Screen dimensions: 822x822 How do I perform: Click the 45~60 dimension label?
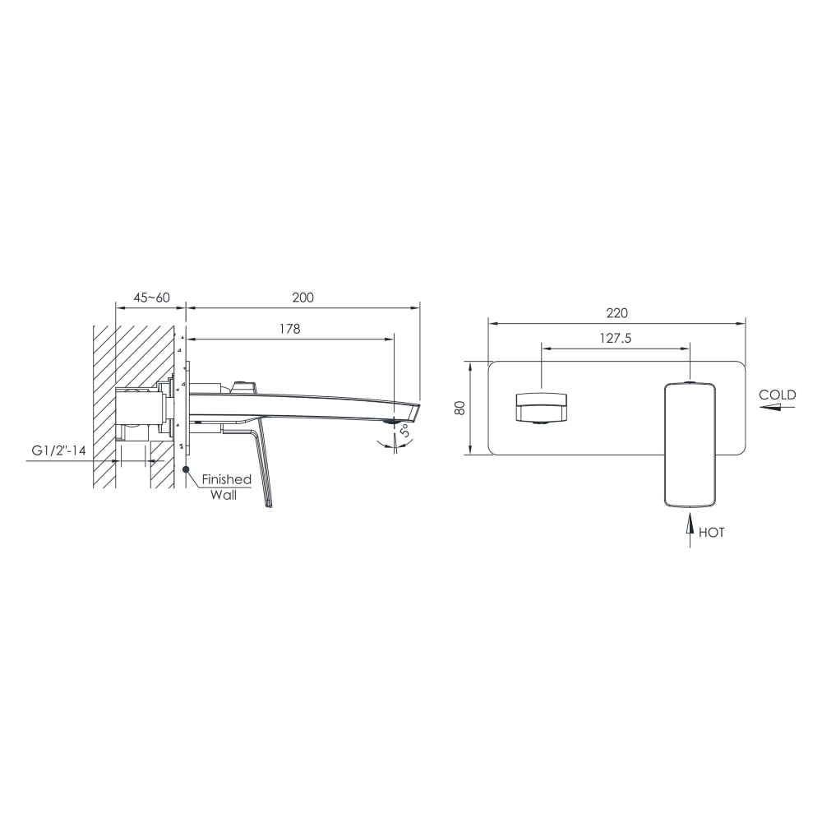click(x=151, y=298)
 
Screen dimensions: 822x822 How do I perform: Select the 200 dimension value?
click(x=303, y=298)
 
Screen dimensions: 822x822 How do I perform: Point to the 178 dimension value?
click(x=290, y=329)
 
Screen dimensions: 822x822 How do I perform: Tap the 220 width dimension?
click(x=617, y=313)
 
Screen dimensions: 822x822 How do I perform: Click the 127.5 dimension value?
click(x=616, y=339)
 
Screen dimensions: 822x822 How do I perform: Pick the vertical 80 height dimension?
click(x=459, y=408)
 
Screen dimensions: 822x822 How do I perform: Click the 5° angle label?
click(x=405, y=431)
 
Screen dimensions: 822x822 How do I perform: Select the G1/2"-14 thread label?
click(x=58, y=450)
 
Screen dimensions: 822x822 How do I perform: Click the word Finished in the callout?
click(x=227, y=479)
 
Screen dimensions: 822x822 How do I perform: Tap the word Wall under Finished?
click(x=224, y=495)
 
